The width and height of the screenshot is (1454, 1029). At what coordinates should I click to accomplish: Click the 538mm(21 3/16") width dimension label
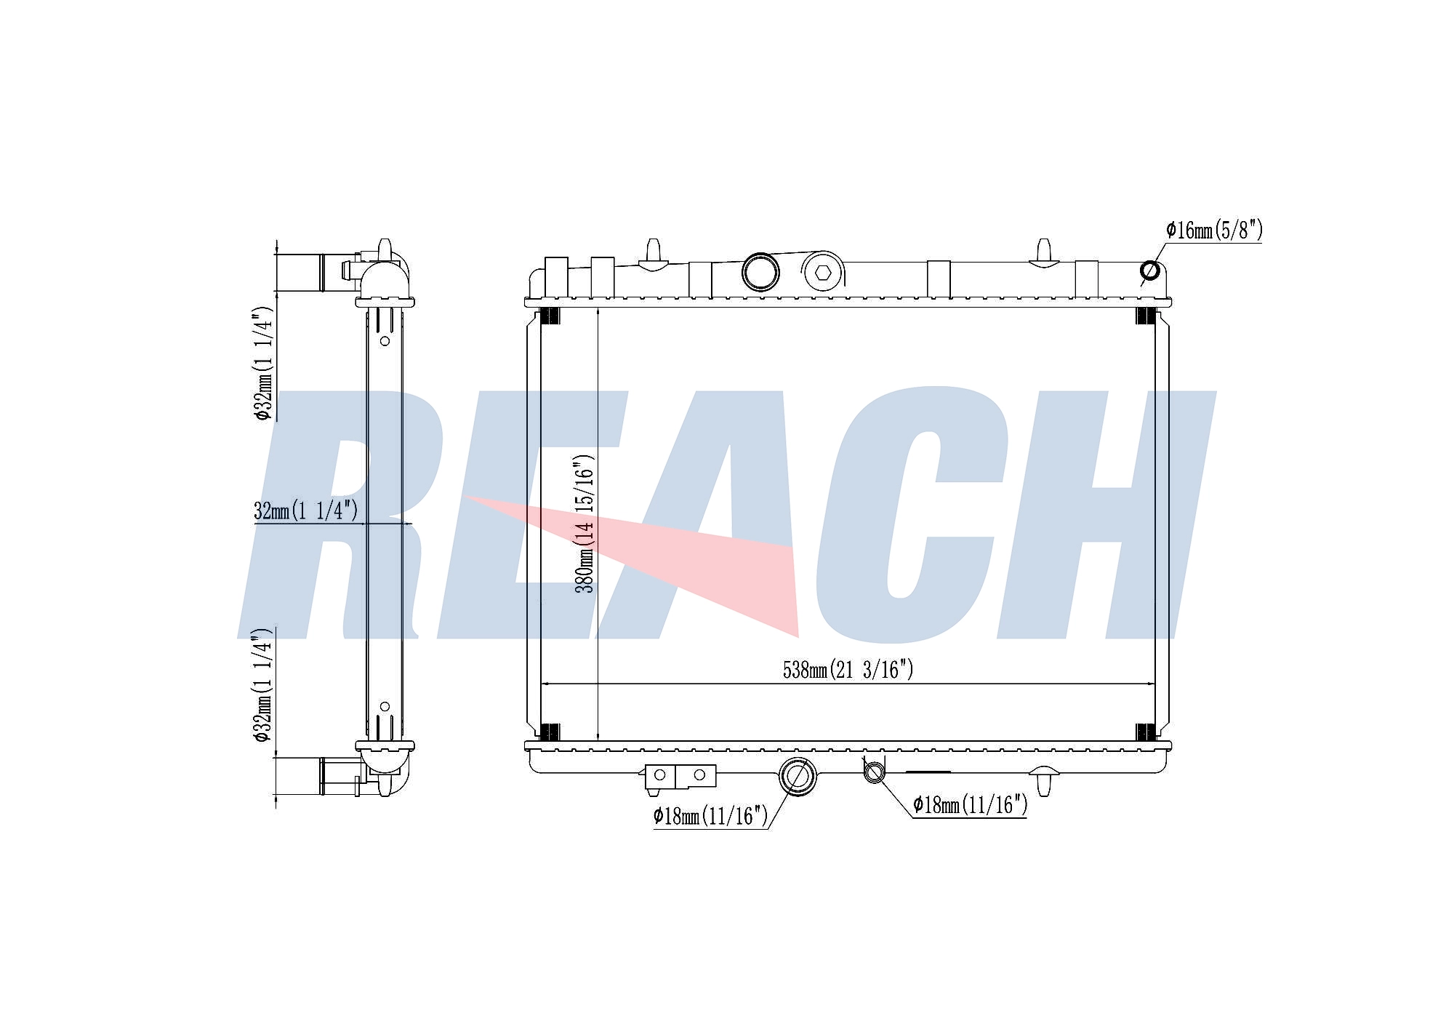click(848, 669)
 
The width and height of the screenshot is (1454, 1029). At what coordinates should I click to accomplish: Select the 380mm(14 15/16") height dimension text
click(585, 523)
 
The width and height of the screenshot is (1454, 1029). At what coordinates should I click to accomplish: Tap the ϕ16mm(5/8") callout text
click(1215, 231)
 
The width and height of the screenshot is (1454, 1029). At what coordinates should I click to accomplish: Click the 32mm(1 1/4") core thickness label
click(306, 511)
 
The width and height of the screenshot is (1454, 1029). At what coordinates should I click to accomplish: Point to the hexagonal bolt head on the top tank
click(823, 273)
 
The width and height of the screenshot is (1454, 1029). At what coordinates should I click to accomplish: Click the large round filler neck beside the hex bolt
click(760, 272)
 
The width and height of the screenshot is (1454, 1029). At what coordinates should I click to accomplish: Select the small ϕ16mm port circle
click(1150, 271)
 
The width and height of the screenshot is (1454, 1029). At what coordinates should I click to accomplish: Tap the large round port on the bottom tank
click(797, 775)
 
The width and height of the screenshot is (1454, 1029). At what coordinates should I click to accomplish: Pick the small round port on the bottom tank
click(875, 772)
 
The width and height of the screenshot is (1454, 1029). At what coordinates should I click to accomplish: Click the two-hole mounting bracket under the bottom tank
click(680, 776)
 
